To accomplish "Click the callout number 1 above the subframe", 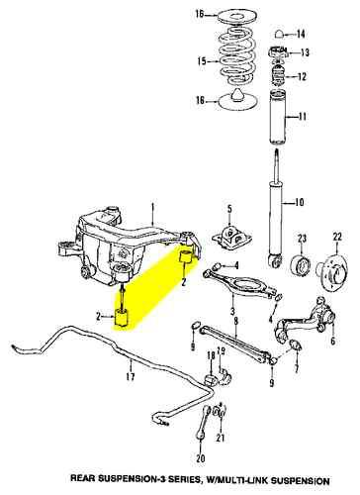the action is (x=153, y=208).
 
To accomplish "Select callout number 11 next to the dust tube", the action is (x=288, y=117).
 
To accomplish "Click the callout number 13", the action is (x=304, y=52).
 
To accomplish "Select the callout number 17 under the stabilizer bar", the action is (x=130, y=376).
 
